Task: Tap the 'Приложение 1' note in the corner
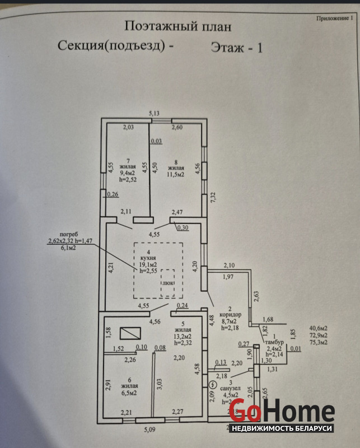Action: point(335,17)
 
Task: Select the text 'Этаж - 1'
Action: point(237,48)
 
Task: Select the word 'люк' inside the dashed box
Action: point(169,283)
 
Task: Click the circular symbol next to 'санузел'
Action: point(212,385)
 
